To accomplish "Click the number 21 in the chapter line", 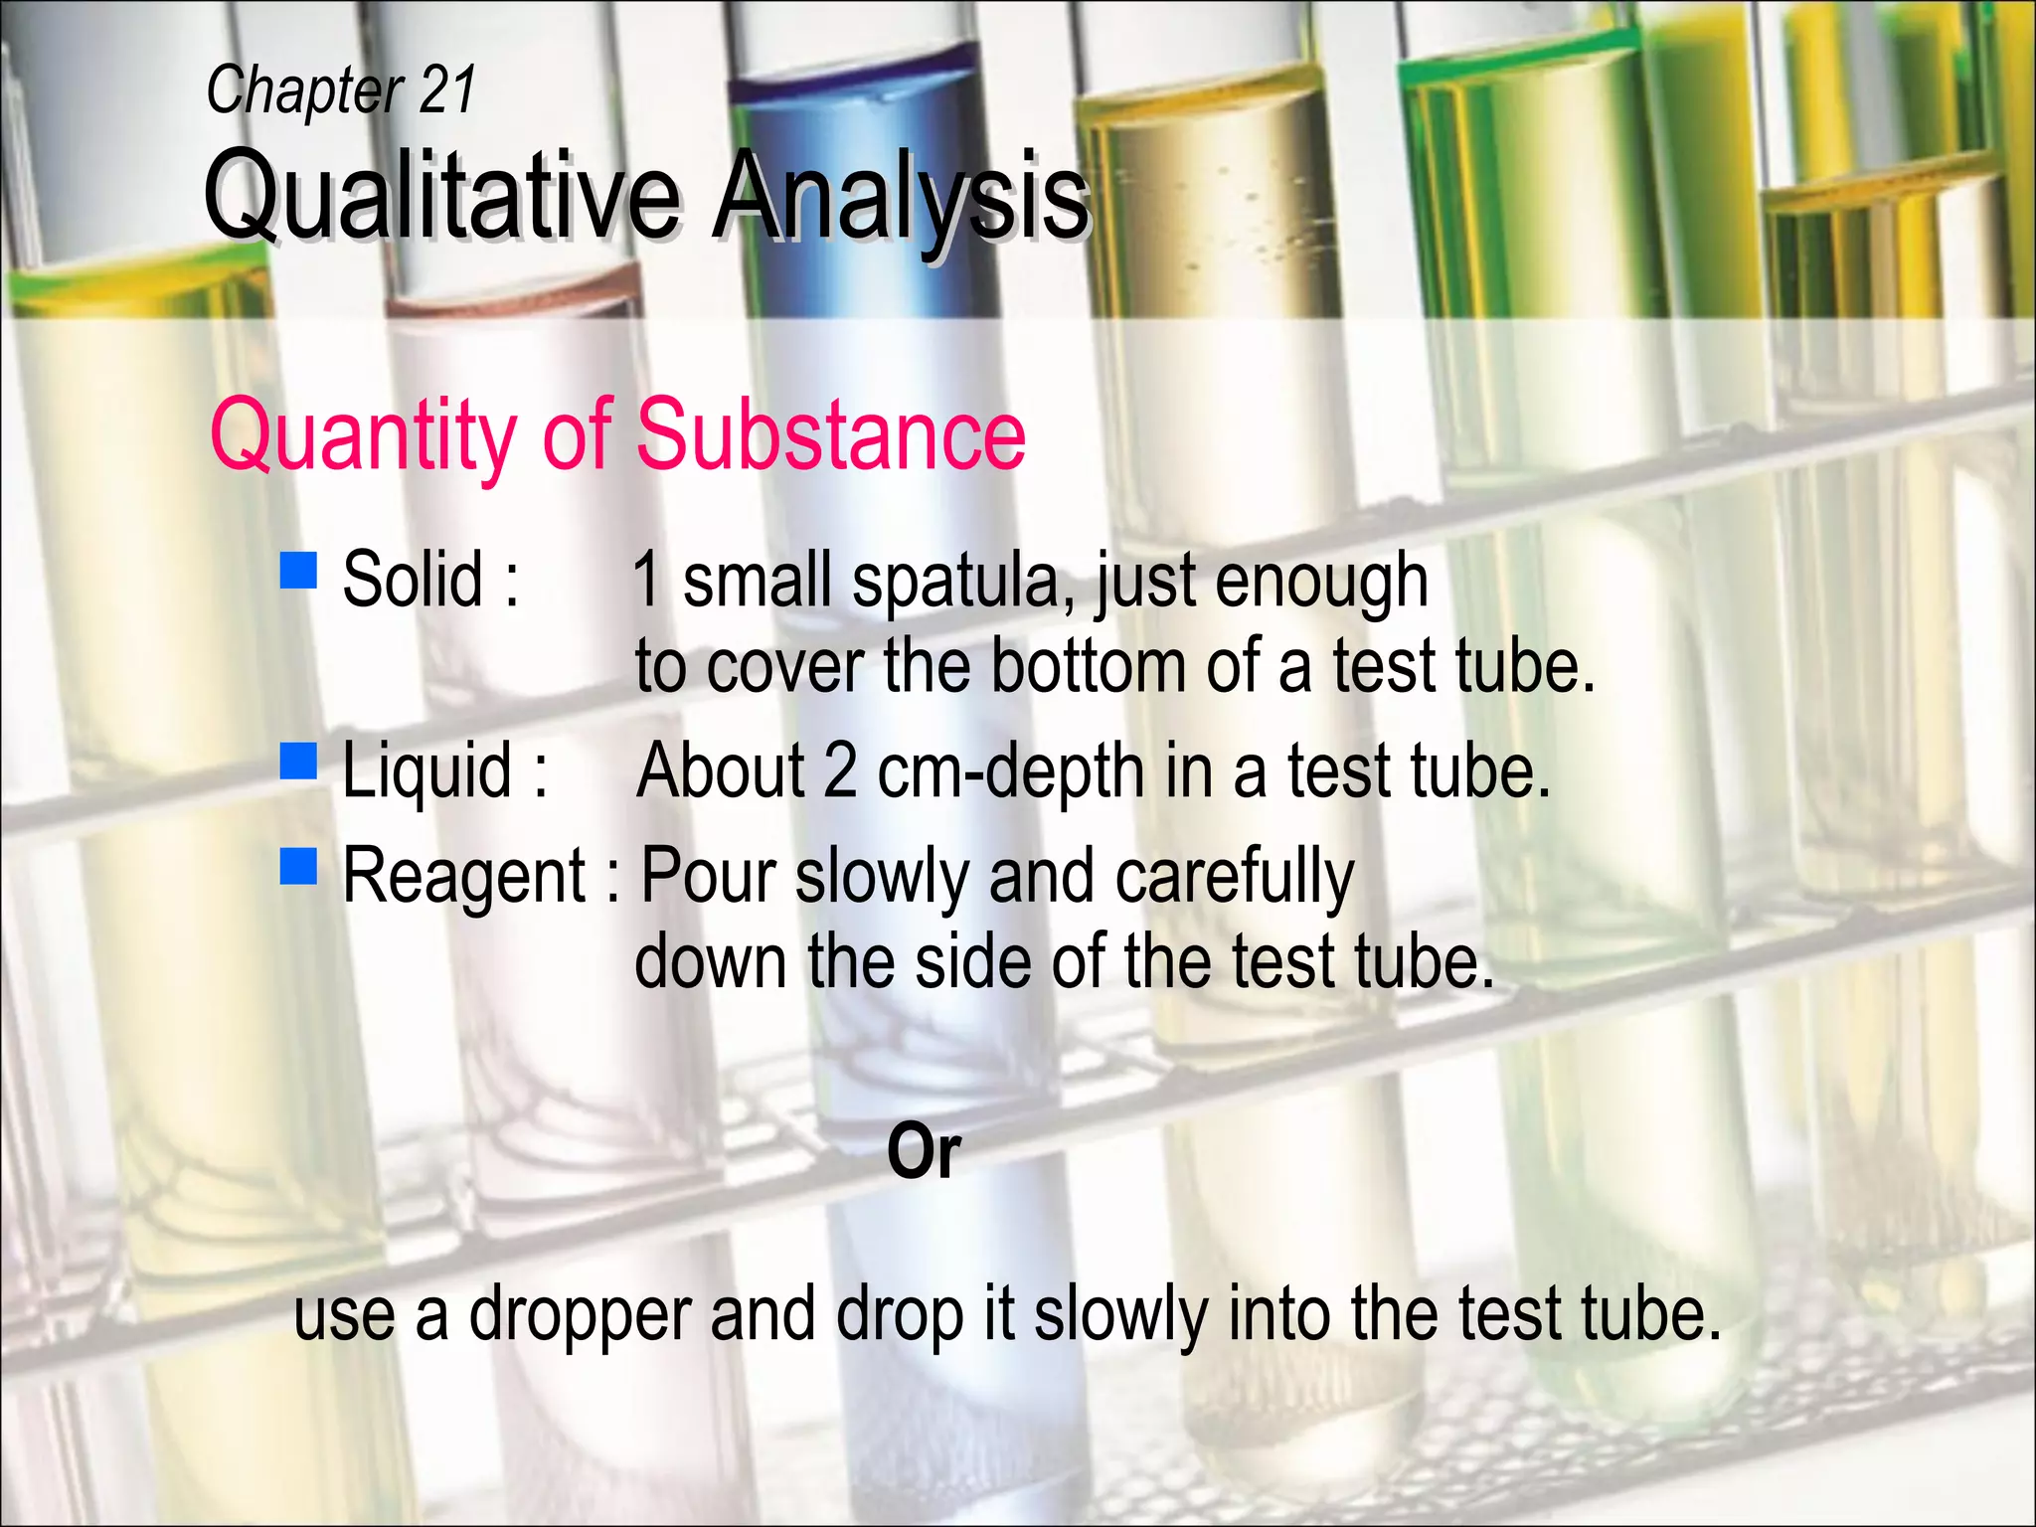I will point(447,89).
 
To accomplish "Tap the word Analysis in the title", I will point(901,195).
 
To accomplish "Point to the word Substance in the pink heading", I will point(830,434).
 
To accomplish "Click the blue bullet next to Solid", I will point(298,572).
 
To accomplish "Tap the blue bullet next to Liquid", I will point(298,761).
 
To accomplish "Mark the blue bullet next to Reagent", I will point(298,866).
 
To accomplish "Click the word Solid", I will point(413,579).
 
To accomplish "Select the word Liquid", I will point(426,770).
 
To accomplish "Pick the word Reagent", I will point(464,877).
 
